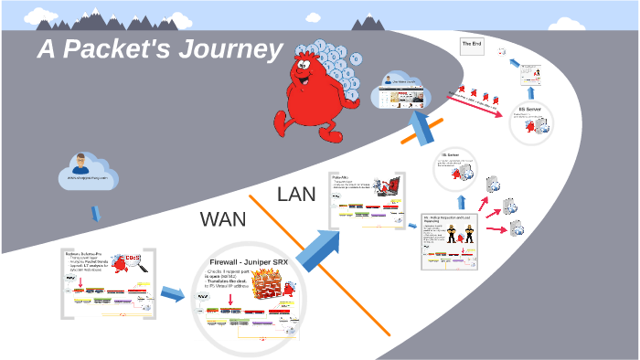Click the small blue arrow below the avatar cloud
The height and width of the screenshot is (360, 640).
(x=95, y=214)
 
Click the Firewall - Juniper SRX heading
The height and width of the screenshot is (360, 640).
(x=249, y=259)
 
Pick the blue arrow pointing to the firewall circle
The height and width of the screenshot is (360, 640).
(x=171, y=294)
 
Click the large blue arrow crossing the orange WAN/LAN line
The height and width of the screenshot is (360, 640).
(x=316, y=248)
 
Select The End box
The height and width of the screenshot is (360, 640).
(x=473, y=46)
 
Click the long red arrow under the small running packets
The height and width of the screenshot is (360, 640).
(x=480, y=100)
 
